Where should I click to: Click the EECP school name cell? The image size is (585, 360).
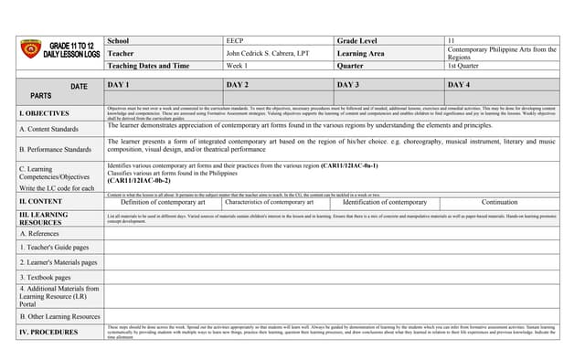tap(236, 41)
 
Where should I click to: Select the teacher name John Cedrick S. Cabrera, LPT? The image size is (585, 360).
tap(269, 54)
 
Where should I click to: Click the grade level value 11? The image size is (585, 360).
tap(452, 41)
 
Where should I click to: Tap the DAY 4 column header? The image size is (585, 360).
tap(459, 84)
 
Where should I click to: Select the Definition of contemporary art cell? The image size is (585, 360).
tap(163, 201)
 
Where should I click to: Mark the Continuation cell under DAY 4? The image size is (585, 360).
tap(499, 201)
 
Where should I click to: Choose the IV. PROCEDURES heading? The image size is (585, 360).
tap(48, 332)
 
